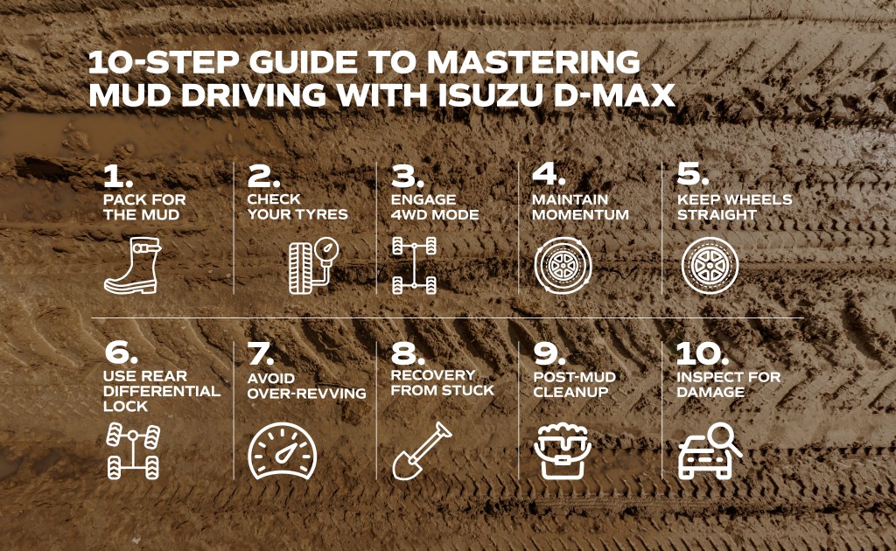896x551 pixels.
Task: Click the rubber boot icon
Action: click(x=133, y=266)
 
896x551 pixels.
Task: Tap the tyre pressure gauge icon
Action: click(x=313, y=266)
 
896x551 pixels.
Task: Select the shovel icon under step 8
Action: click(x=422, y=451)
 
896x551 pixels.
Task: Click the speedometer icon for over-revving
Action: click(x=283, y=451)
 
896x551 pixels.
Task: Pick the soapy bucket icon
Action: click(x=563, y=451)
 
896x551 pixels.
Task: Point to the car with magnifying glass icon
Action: click(x=710, y=451)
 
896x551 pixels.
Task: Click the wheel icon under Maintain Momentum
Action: click(x=563, y=266)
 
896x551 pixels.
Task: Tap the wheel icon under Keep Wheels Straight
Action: click(x=710, y=266)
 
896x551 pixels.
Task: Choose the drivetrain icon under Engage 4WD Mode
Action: click(x=414, y=266)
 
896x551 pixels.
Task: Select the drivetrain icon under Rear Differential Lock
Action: click(x=133, y=451)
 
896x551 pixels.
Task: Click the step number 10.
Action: click(x=703, y=354)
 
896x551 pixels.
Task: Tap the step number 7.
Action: click(x=261, y=354)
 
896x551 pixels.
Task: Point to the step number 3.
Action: click(x=408, y=177)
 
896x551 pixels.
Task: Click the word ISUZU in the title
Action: click(x=490, y=94)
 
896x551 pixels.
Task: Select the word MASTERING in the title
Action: click(x=534, y=62)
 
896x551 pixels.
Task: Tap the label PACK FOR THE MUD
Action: click(x=144, y=206)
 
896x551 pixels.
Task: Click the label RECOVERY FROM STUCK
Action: click(x=442, y=382)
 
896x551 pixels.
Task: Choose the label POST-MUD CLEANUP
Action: click(x=574, y=384)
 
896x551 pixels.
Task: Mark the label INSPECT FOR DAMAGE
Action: click(x=729, y=384)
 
